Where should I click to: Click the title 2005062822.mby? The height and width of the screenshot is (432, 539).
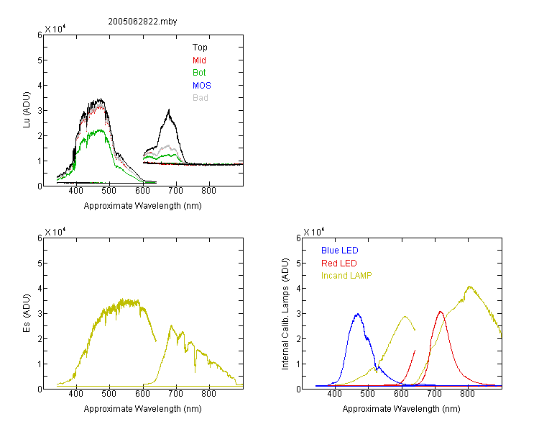point(142,22)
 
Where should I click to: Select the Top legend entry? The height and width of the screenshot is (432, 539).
point(200,48)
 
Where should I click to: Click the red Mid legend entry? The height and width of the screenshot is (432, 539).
point(199,60)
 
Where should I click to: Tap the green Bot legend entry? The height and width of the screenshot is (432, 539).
point(199,73)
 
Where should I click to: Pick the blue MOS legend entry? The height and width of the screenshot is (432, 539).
point(202,86)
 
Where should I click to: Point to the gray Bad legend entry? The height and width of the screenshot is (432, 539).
point(200,98)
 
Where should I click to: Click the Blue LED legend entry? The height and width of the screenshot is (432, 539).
point(340,251)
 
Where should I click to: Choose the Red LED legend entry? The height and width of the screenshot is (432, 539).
point(339,264)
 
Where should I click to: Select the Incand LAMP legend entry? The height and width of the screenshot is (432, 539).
point(346,276)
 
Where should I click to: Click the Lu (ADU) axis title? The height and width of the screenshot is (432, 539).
point(27,110)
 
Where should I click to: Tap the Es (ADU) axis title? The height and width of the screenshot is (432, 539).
point(27,313)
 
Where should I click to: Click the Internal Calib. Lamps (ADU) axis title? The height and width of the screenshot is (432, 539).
point(285,314)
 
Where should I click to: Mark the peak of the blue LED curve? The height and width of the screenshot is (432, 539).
point(358,314)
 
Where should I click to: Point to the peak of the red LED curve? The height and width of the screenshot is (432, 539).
point(441,312)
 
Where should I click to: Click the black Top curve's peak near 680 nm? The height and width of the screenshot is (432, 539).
point(169,109)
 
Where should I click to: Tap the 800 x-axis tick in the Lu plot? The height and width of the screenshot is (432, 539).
point(208,191)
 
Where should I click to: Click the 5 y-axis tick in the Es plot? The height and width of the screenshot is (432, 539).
point(40,264)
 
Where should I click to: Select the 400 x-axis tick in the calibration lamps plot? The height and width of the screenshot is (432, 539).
point(334,394)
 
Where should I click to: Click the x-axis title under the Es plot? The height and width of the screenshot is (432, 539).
point(143,409)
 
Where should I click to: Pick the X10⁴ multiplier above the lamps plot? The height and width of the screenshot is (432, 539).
point(313,232)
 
